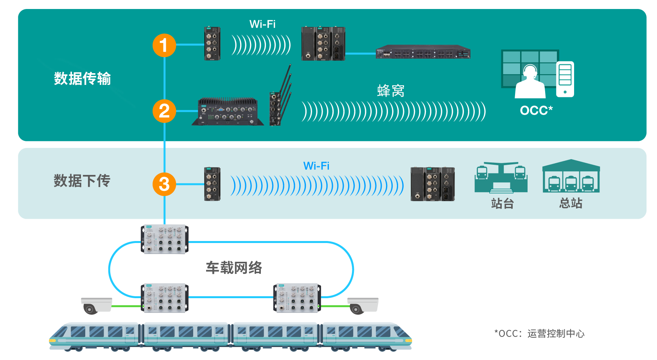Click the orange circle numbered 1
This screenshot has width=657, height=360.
click(x=164, y=45)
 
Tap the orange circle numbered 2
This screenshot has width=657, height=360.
click(x=164, y=111)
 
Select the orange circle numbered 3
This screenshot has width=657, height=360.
click(x=164, y=184)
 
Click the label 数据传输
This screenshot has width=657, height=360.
click(x=83, y=79)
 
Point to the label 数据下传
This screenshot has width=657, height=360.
click(x=82, y=181)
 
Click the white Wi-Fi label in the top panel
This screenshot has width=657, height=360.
click(x=262, y=24)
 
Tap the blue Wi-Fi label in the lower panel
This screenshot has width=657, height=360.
click(x=316, y=166)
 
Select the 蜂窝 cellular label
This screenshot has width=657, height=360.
click(x=391, y=91)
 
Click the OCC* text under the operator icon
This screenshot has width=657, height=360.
click(x=536, y=110)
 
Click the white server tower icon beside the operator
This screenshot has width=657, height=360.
click(x=565, y=79)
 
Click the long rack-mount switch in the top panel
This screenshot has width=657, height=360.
click(x=423, y=52)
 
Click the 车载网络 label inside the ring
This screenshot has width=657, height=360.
click(x=234, y=268)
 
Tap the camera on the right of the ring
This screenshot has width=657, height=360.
click(x=363, y=306)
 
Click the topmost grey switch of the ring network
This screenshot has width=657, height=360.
click(x=164, y=239)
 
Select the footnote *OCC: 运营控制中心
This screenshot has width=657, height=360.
click(x=540, y=333)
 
